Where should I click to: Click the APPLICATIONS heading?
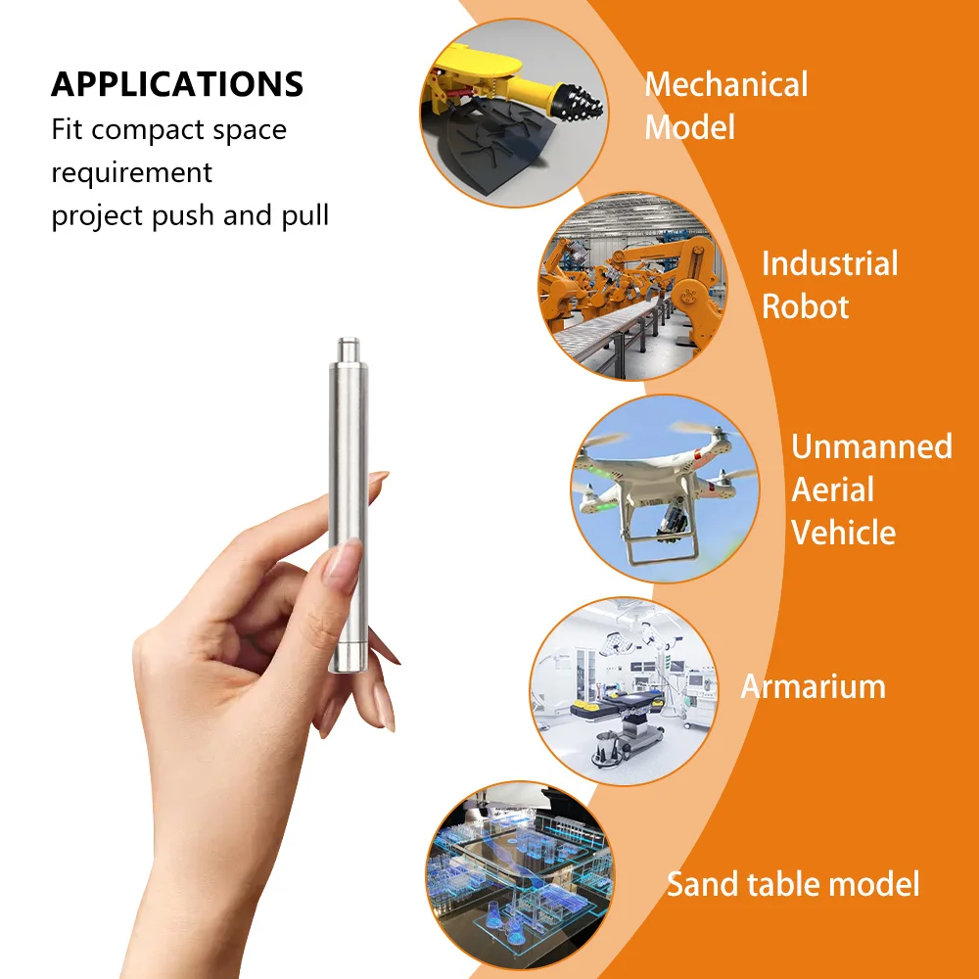(177, 84)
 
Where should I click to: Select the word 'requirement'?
(131, 172)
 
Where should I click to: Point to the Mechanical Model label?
(725, 105)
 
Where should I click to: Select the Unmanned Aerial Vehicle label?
(870, 489)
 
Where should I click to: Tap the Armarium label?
(813, 686)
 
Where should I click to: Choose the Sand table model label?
(793, 884)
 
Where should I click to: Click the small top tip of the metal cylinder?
(347, 347)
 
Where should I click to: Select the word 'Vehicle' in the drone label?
(843, 533)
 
